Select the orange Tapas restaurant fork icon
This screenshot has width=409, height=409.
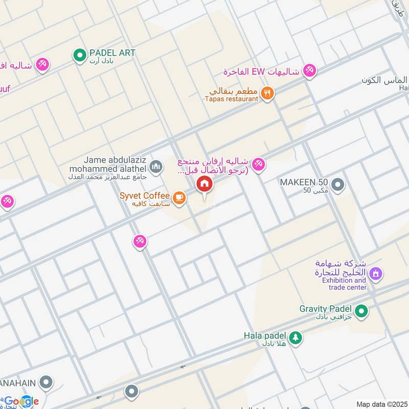tap(267, 93)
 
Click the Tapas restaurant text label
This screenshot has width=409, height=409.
tap(232, 99)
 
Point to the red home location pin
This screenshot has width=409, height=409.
tap(204, 184)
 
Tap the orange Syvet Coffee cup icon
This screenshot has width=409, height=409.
tap(178, 198)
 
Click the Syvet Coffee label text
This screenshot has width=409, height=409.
tap(145, 196)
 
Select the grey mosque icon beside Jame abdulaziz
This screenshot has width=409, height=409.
tap(156, 167)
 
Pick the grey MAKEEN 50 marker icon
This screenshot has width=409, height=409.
tap(337, 185)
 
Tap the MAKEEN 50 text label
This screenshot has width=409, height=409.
tap(304, 182)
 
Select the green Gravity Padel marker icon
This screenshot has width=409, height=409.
tap(361, 310)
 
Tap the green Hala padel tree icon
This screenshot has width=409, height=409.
tap(296, 337)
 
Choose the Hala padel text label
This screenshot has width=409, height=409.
tap(264, 336)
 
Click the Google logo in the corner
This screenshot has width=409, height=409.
tap(21, 401)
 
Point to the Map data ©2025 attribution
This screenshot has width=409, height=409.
tap(381, 404)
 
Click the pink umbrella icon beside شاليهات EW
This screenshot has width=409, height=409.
tap(309, 71)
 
